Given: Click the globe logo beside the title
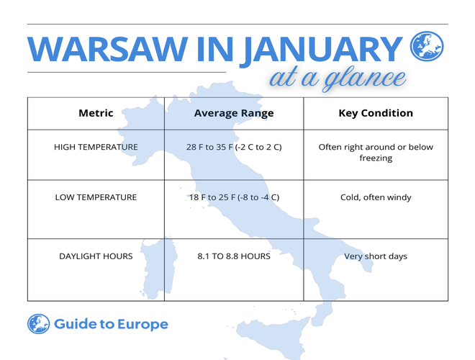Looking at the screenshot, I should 427,47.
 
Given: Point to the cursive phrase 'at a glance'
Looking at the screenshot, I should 337,77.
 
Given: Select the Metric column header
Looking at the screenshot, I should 96,113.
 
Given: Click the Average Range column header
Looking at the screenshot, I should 233,113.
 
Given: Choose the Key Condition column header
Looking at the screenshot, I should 376,113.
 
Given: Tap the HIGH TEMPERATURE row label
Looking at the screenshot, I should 96,147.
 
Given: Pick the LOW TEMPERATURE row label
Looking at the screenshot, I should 96,197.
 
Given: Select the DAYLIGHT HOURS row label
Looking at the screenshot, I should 96,256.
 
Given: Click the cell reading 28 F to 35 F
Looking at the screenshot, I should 233,147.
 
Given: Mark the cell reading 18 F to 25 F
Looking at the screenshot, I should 233,197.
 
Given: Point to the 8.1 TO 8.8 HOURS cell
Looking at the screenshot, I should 233,256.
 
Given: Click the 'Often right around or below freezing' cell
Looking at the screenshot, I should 376,152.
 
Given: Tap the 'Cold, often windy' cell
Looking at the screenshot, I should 376,197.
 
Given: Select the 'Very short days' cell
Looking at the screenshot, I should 376,256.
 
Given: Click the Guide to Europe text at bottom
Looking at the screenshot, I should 111,324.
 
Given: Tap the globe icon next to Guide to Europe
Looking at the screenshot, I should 38,324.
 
